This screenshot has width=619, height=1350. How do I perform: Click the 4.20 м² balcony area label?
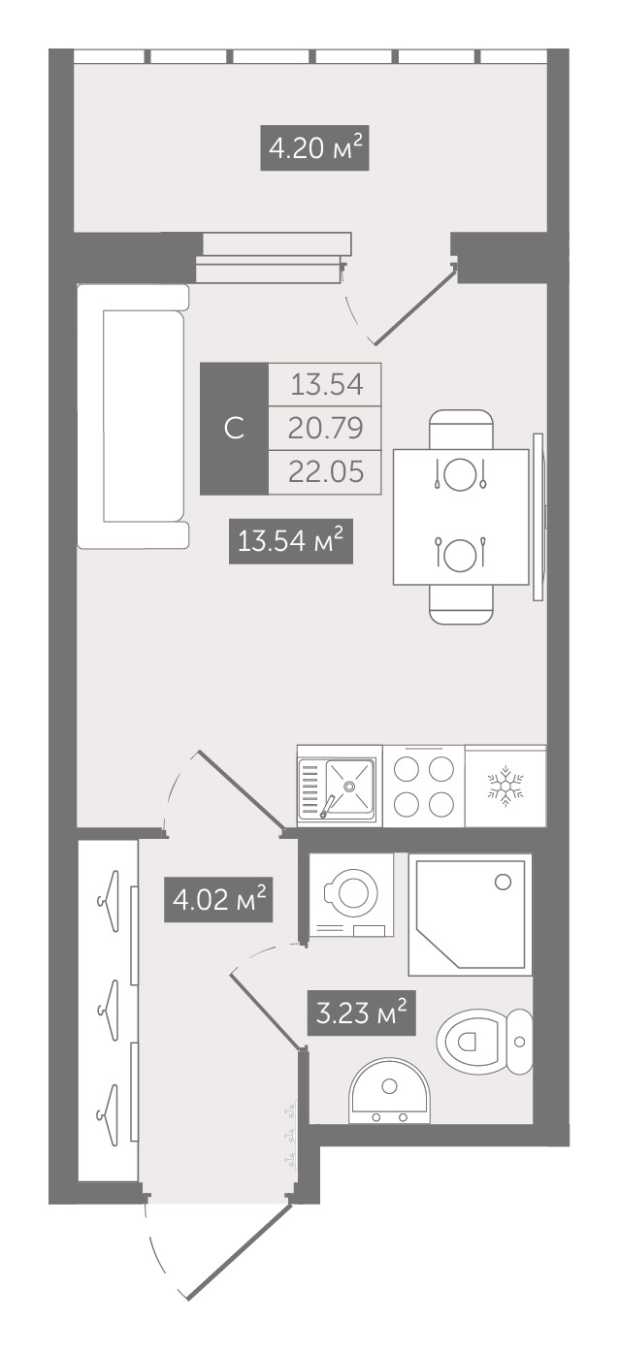(x=314, y=147)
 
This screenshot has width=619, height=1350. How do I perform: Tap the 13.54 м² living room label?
(x=290, y=541)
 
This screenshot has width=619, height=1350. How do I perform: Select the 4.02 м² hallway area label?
(x=218, y=899)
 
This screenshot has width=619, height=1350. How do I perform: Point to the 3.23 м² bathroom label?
(x=362, y=1013)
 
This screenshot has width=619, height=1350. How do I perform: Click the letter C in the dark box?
(x=234, y=429)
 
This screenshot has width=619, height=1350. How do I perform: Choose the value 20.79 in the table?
(x=325, y=429)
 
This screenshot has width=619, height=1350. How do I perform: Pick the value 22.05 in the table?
(x=326, y=472)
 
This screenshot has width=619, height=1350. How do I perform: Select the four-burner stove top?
(x=424, y=786)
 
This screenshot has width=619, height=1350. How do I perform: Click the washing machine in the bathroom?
(x=351, y=894)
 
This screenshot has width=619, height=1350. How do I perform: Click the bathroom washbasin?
(x=389, y=1090)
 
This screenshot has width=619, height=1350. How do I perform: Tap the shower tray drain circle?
(x=503, y=883)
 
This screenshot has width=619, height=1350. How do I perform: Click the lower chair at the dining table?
(x=461, y=604)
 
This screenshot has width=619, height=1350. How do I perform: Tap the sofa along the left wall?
(x=133, y=416)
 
